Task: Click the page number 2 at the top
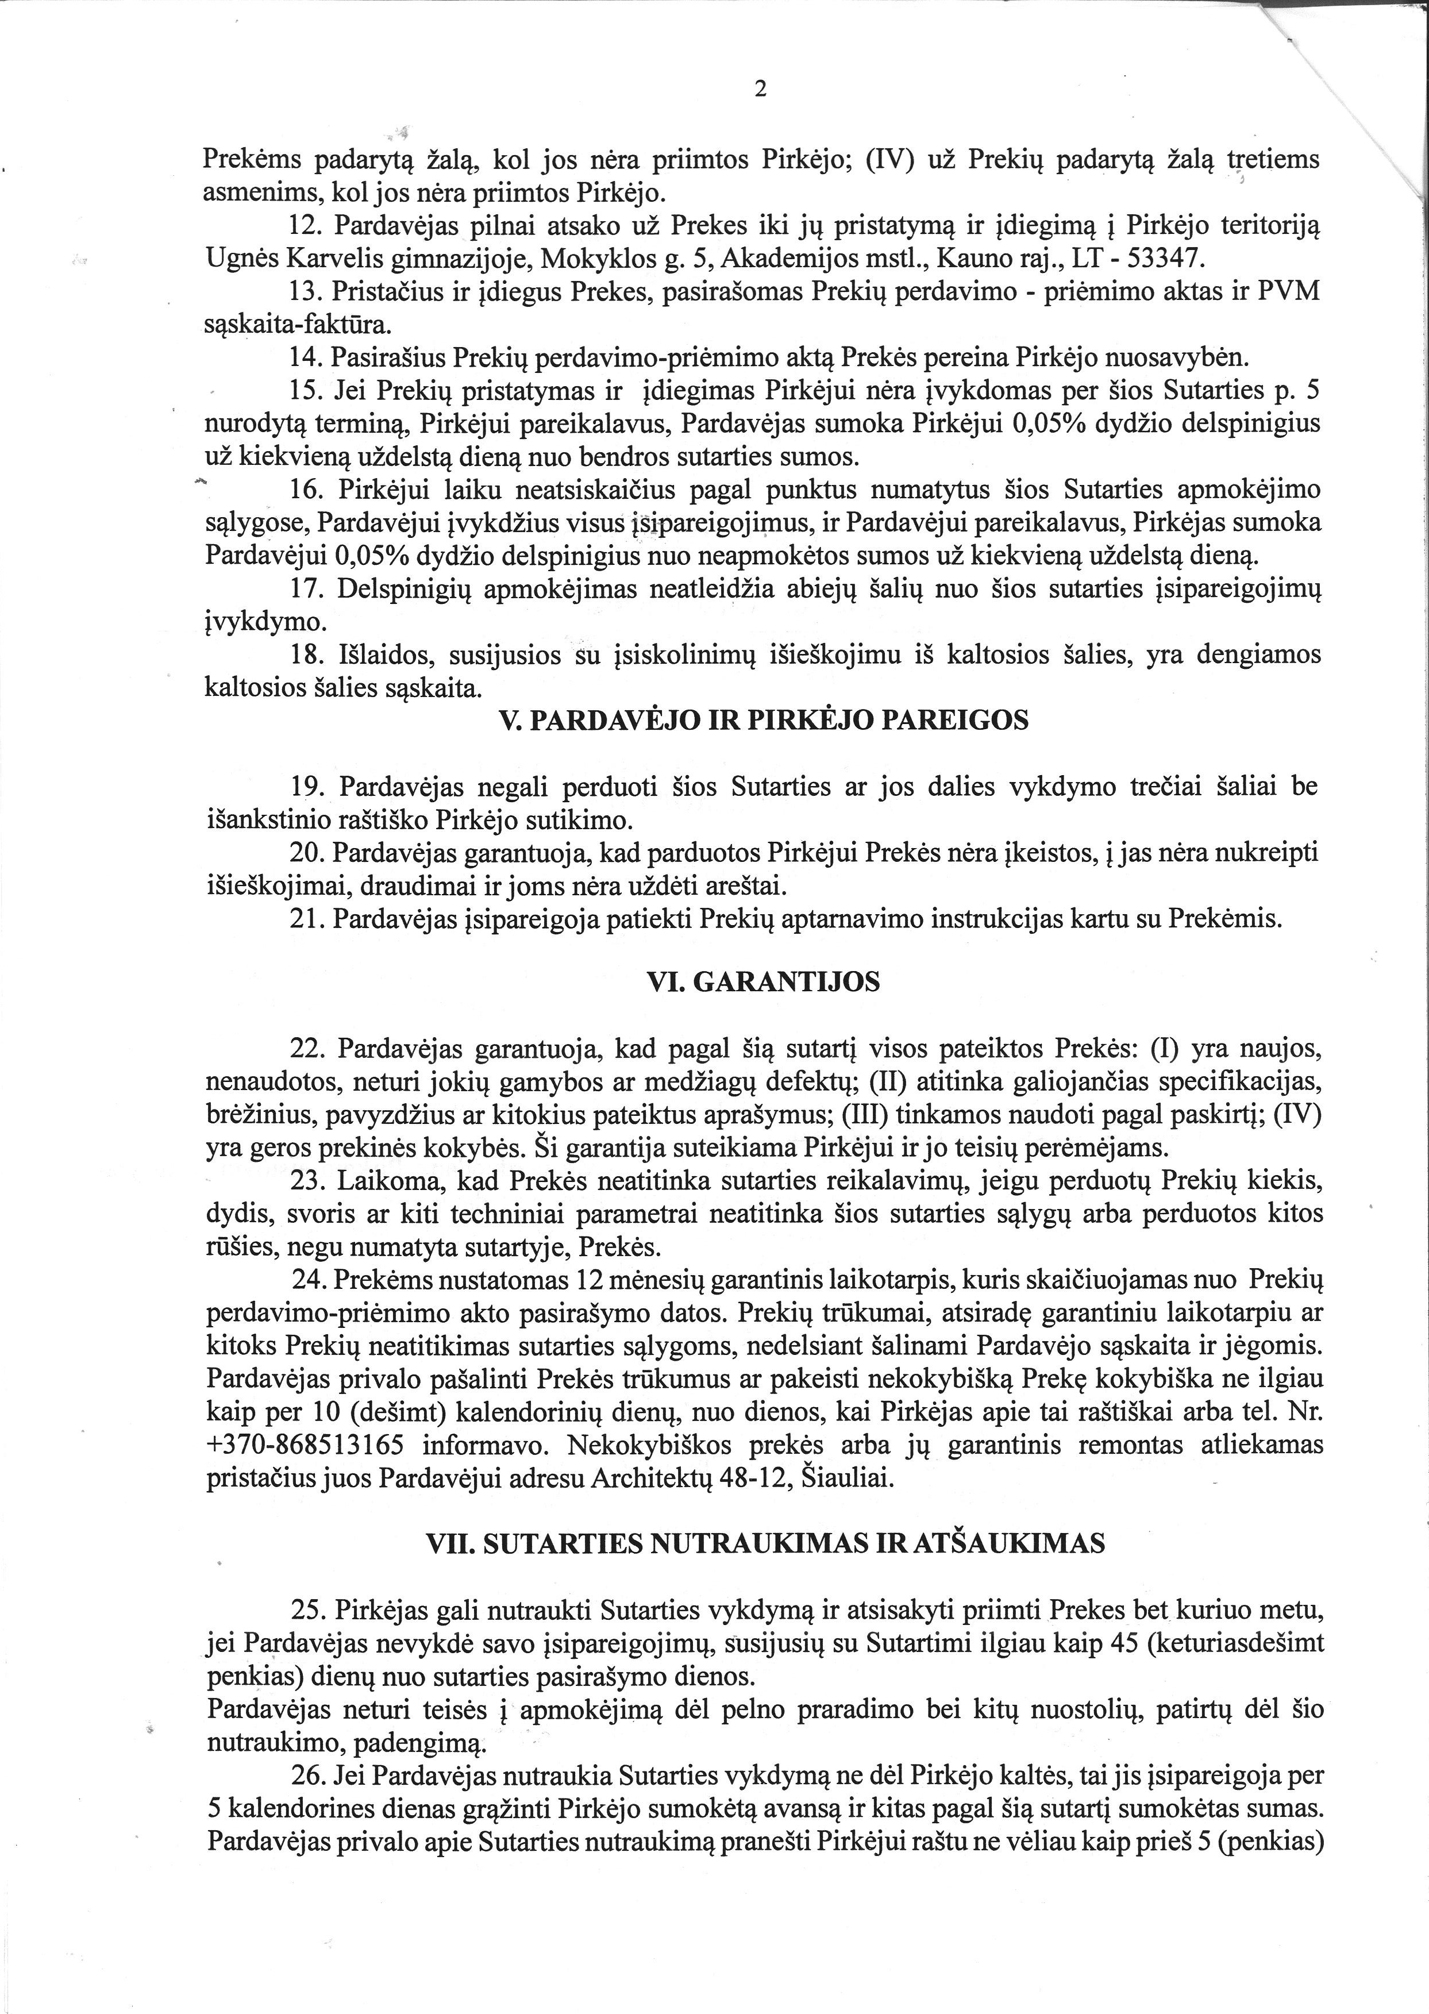pos(761,89)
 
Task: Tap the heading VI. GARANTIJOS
pos(763,982)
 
